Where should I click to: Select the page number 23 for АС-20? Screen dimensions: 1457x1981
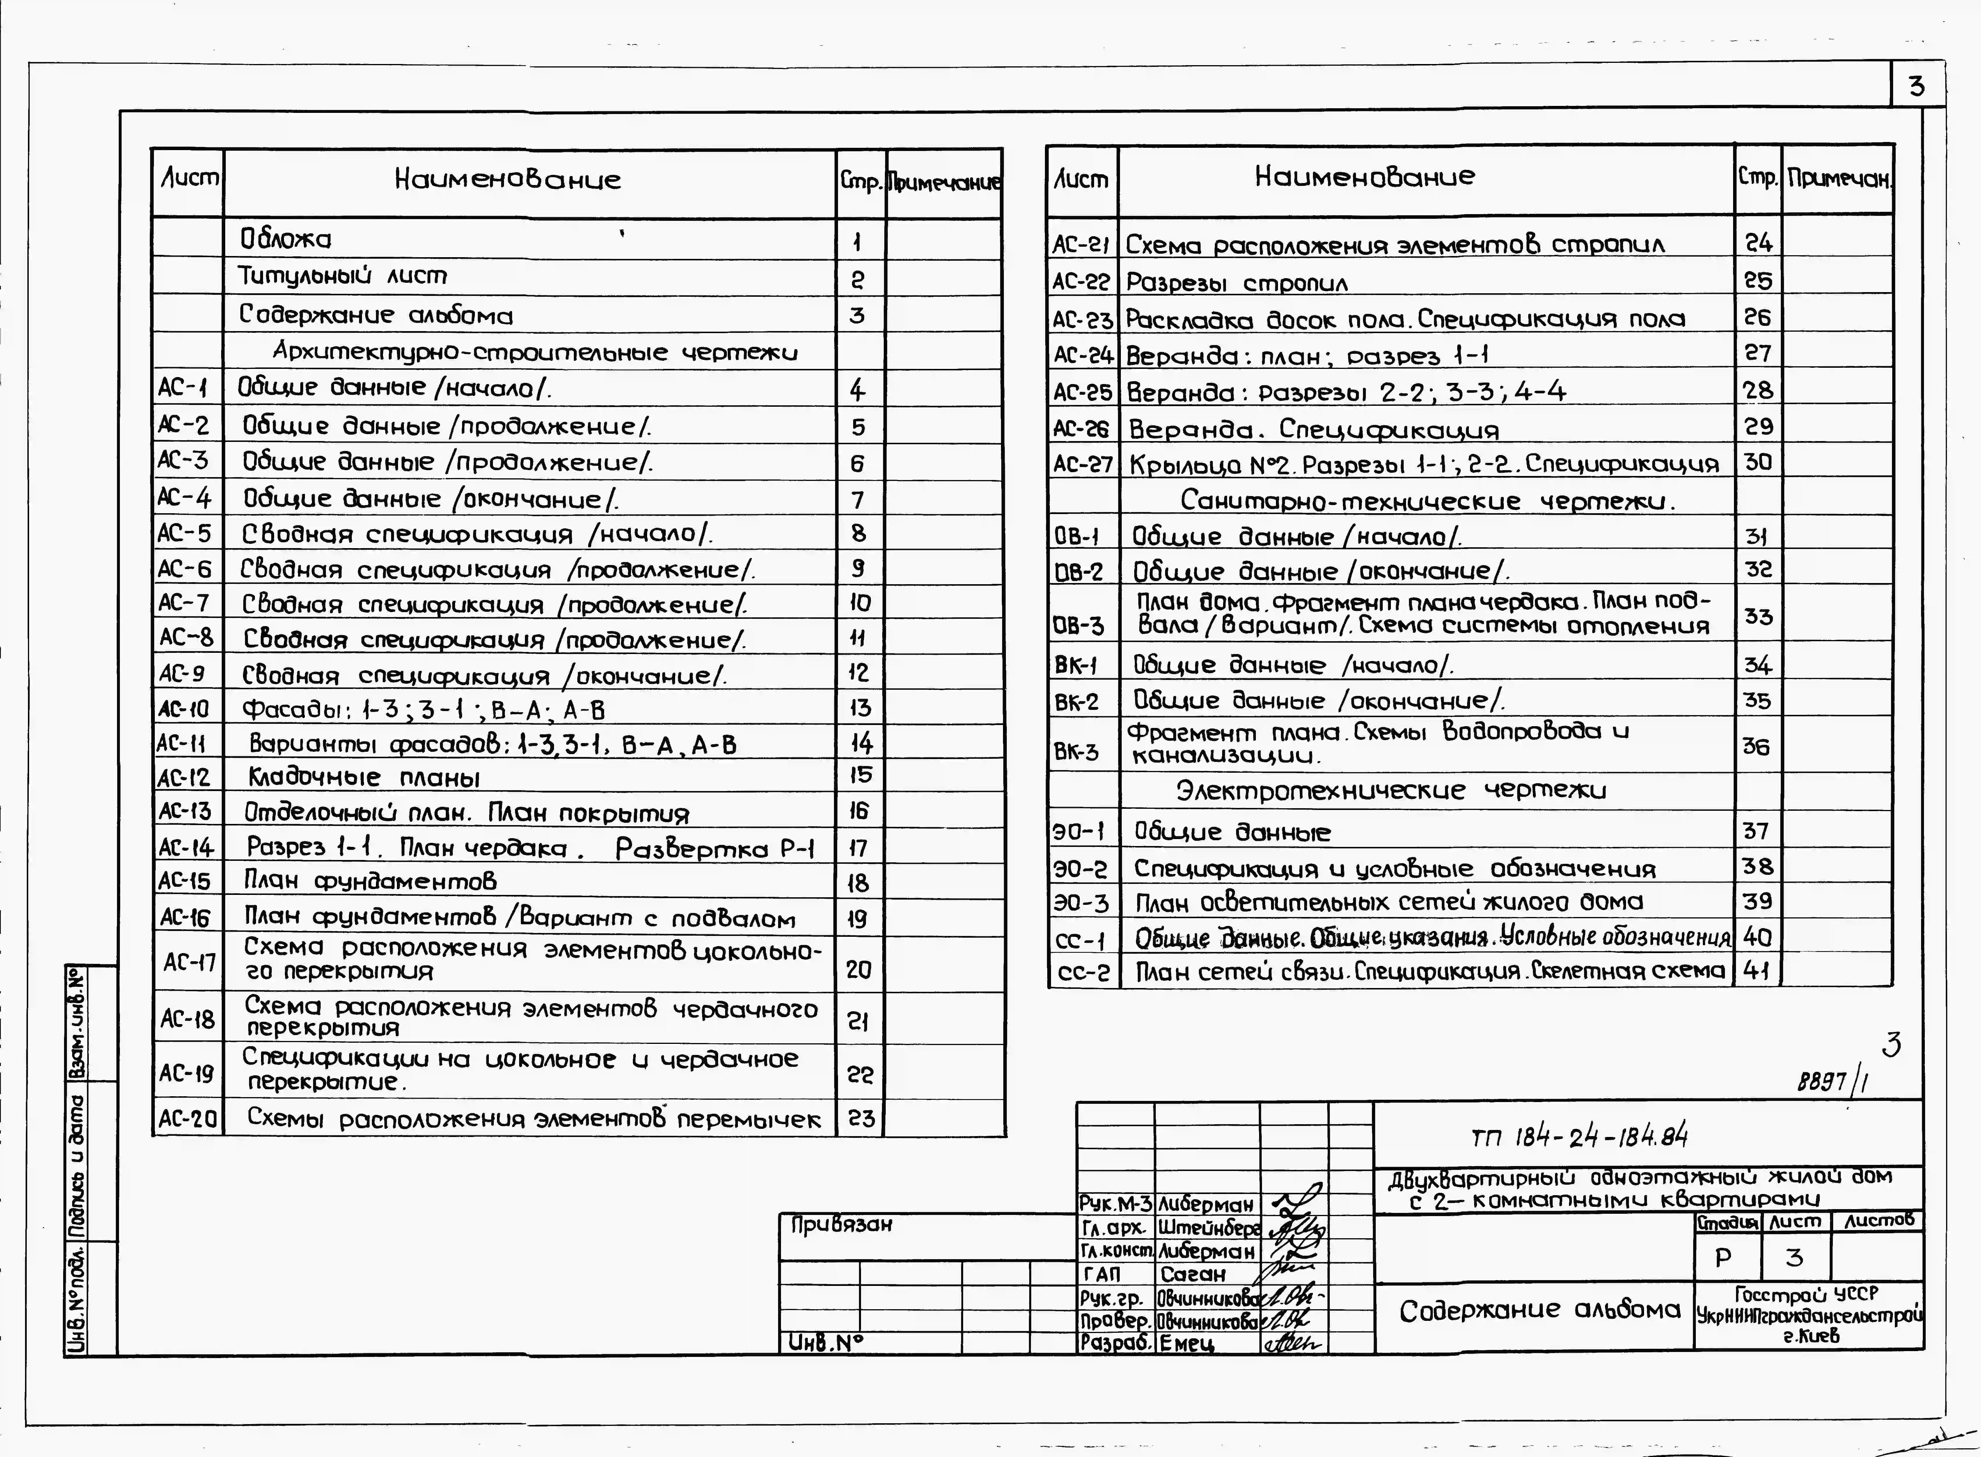861,1118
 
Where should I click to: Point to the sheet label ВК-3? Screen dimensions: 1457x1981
1077,751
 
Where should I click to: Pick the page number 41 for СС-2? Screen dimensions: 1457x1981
1757,971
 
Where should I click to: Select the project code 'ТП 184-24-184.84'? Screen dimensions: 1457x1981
1579,1138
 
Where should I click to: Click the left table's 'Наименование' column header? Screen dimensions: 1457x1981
507,180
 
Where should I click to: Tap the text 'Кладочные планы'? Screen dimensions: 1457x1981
363,777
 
